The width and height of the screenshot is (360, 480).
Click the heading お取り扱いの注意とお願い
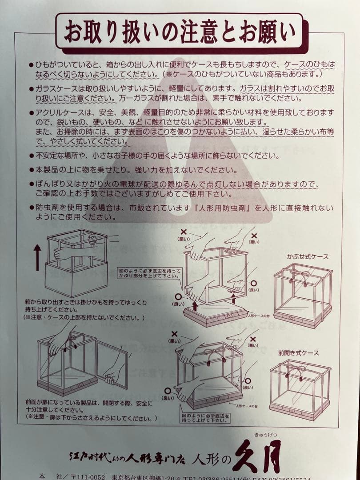pos(180,32)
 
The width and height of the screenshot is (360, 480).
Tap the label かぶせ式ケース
pos(308,257)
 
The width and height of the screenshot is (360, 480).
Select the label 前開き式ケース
pos(298,353)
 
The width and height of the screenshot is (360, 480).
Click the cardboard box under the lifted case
pos(76,278)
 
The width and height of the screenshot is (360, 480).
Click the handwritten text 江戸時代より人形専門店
pos(127,456)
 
